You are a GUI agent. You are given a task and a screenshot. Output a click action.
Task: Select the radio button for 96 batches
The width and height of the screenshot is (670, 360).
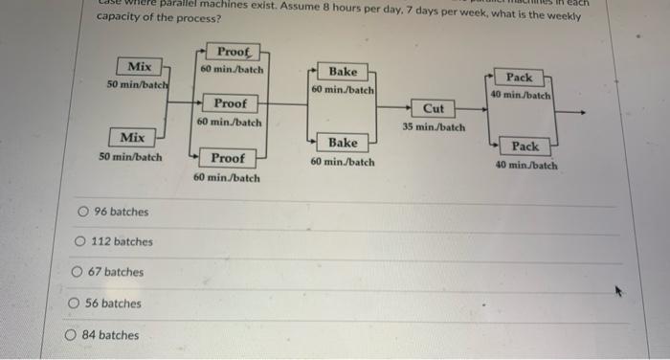pos(84,212)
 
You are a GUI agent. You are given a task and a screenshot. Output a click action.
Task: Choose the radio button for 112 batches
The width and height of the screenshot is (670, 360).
pos(81,242)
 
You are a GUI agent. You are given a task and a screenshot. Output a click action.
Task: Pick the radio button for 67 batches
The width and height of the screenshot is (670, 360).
pos(77,272)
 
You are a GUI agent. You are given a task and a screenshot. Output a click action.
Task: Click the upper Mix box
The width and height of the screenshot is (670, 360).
pos(140,66)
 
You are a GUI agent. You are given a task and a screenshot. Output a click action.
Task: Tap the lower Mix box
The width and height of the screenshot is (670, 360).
pos(132,138)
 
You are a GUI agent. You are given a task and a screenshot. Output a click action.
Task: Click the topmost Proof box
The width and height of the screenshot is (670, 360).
pos(233,52)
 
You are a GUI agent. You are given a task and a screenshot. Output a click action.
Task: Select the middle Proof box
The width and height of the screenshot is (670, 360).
pos(230,103)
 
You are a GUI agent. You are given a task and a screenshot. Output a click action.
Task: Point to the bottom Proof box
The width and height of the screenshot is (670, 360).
pos(228,158)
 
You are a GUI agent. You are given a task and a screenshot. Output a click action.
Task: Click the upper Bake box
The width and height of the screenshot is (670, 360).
pos(343,72)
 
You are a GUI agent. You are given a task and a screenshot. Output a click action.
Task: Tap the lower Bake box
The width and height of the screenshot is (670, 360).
pos(343,143)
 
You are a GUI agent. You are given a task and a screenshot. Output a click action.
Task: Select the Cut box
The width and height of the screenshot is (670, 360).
pos(434,109)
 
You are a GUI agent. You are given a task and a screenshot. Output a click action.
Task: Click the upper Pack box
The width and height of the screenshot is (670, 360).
pos(520,78)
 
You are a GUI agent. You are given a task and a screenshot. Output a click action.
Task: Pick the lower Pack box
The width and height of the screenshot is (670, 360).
pos(525,146)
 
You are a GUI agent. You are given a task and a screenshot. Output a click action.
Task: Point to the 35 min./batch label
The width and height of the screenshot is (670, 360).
pos(434,127)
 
